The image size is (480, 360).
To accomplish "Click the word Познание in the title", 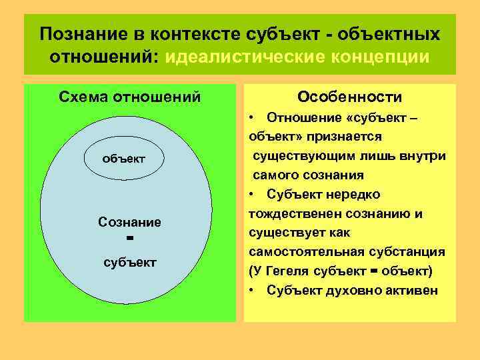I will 76,34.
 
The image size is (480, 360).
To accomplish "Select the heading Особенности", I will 349,97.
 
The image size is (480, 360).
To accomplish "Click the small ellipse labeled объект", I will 123,159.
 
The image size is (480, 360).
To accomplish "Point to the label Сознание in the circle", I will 129,221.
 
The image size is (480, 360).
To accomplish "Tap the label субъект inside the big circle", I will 130,261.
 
